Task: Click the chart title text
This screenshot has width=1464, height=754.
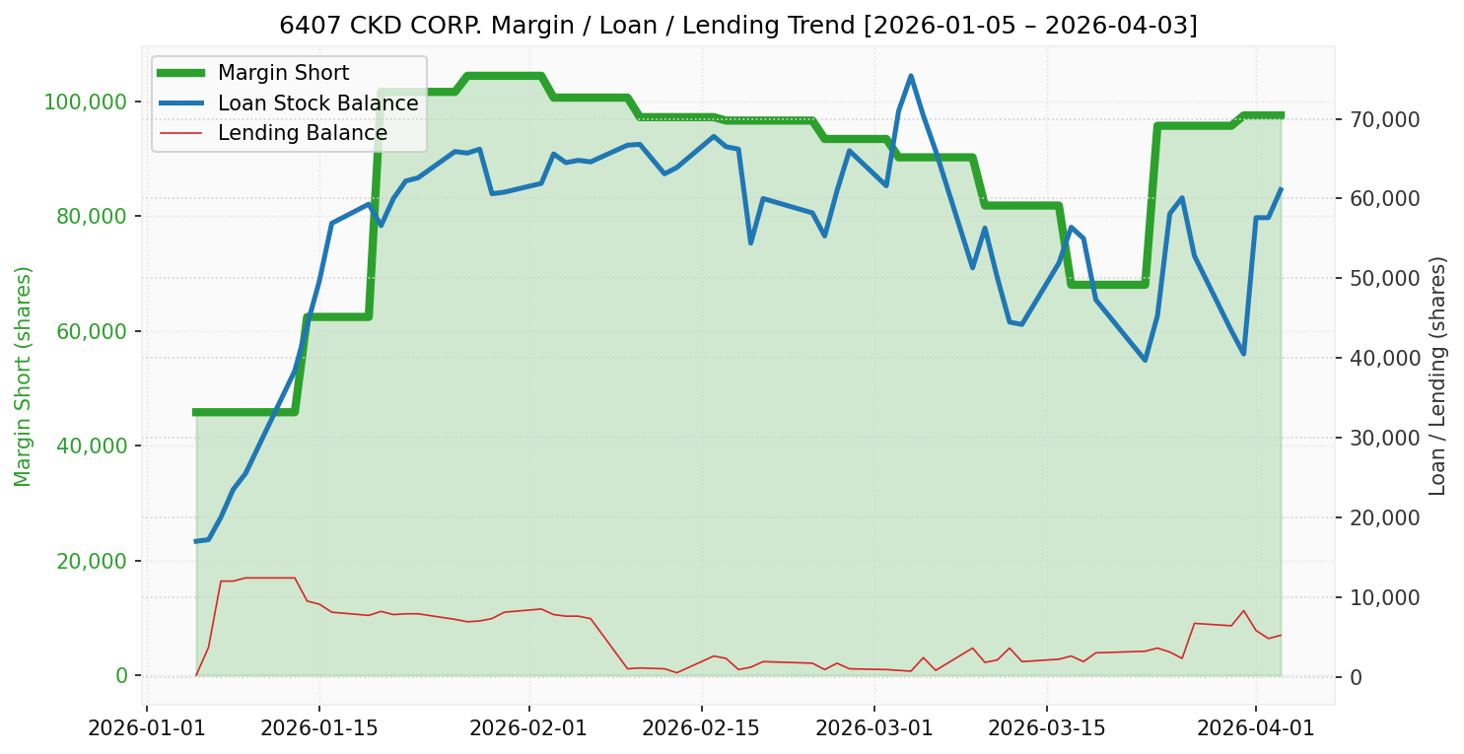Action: [738, 25]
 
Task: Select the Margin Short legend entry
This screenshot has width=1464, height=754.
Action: [283, 73]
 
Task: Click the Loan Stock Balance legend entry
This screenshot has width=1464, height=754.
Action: [317, 103]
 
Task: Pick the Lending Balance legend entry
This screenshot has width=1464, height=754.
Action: [302, 133]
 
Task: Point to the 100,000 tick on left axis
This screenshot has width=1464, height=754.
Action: [87, 102]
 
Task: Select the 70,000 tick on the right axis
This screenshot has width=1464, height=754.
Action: [1385, 119]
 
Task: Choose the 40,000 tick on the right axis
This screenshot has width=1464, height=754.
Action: [1385, 358]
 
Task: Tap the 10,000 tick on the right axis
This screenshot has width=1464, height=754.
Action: [1385, 597]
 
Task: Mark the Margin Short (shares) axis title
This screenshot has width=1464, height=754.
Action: [24, 377]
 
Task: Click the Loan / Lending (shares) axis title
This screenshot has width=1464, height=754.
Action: [1437, 377]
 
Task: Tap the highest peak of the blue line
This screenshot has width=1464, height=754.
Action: [910, 76]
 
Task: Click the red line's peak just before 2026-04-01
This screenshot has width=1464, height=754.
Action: [1243, 610]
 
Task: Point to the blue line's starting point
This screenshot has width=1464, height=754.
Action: [196, 541]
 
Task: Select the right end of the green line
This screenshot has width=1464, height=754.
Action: [1281, 115]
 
